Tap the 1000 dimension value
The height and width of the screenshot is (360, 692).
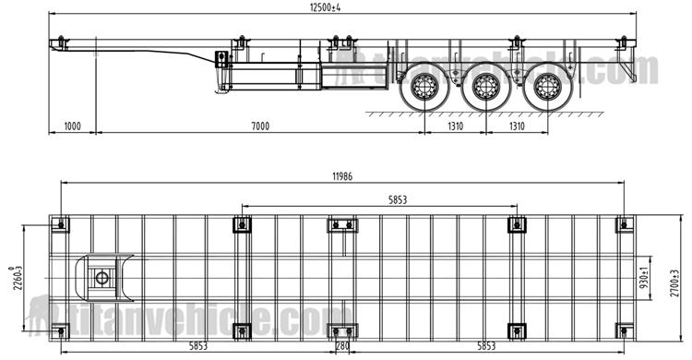pyautogui.click(x=74, y=126)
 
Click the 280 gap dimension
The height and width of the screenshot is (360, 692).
pyautogui.click(x=342, y=348)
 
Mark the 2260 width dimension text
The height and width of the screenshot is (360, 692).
pyautogui.click(x=14, y=275)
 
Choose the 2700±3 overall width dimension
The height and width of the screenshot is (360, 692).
pyautogui.click(x=680, y=275)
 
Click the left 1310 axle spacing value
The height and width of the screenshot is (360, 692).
pyautogui.click(x=454, y=126)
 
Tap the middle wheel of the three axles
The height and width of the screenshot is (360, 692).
pyautogui.click(x=485, y=90)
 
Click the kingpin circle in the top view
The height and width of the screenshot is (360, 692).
pyautogui.click(x=101, y=276)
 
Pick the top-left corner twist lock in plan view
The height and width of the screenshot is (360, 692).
pyautogui.click(x=62, y=224)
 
